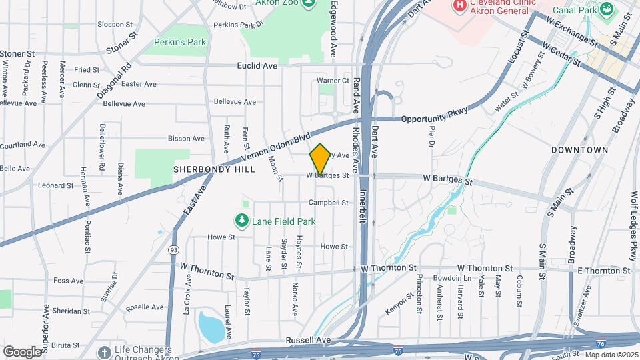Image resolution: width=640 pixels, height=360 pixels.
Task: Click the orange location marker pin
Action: pyautogui.click(x=320, y=159)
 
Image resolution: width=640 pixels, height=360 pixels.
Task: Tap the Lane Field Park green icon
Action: pyautogui.click(x=241, y=220)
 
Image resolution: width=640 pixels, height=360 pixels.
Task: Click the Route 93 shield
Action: pyautogui.click(x=173, y=249)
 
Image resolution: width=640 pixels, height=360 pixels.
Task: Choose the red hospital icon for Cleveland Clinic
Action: pyautogui.click(x=459, y=6)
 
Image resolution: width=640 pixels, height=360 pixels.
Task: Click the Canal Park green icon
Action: pyautogui.click(x=607, y=9)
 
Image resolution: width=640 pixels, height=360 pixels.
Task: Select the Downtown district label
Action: pyautogui.click(x=579, y=150)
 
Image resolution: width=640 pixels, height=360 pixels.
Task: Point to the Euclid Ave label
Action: pyautogui.click(x=257, y=66)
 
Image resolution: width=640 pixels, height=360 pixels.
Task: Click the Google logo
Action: pyautogui.click(x=22, y=351)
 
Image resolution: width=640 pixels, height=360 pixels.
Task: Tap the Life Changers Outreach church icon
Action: pyautogui.click(x=103, y=351)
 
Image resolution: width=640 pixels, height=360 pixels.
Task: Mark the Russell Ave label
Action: pyautogui.click(x=308, y=340)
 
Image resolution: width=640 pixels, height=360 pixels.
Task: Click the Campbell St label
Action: pyautogui.click(x=329, y=202)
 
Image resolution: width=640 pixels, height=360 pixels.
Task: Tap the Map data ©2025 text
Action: pyautogui.click(x=611, y=354)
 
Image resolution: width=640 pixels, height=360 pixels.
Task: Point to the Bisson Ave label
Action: pyautogui.click(x=186, y=139)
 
